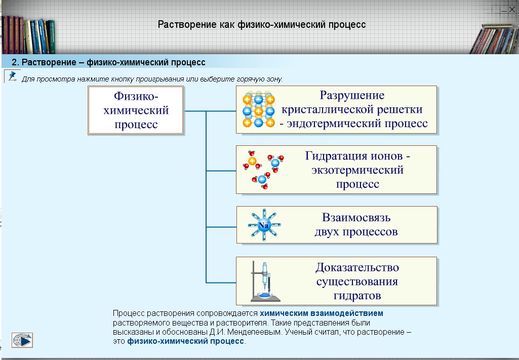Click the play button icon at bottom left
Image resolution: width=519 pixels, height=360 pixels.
tap(22, 340)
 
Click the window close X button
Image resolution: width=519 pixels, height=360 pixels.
tap(512, 9)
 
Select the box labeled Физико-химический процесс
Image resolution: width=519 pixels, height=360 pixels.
tap(135, 110)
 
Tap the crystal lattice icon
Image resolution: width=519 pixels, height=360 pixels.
tap(258, 110)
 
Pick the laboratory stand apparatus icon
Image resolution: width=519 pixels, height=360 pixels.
tap(263, 281)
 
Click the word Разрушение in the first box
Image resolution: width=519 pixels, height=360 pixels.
tap(352, 95)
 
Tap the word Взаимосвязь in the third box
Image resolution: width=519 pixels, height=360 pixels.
tap(356, 218)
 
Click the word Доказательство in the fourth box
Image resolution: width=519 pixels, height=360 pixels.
tap(357, 267)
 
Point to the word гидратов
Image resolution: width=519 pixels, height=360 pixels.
tap(357, 295)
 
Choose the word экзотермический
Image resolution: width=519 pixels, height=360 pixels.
tap(357, 170)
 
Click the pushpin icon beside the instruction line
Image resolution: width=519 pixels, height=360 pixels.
tap(12, 76)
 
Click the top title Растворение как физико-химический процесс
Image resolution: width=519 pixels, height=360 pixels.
tap(262, 25)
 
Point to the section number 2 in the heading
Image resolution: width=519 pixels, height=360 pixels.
tap(15, 62)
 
